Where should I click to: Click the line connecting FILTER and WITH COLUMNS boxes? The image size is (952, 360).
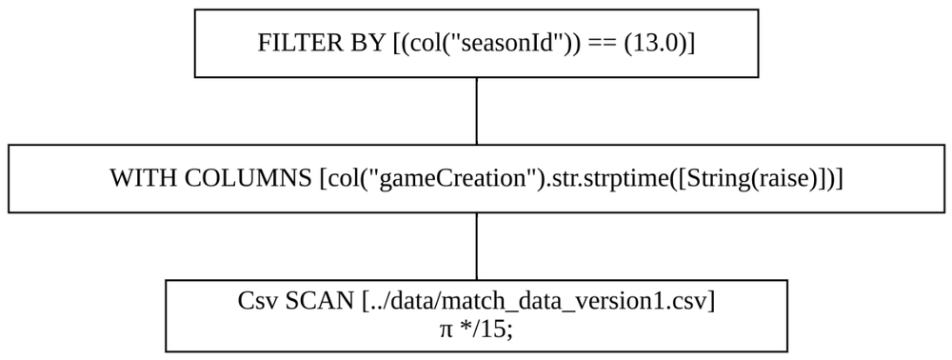476,110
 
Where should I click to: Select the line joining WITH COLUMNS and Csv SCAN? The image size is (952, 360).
476,246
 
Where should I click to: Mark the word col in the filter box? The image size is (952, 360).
414,44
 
